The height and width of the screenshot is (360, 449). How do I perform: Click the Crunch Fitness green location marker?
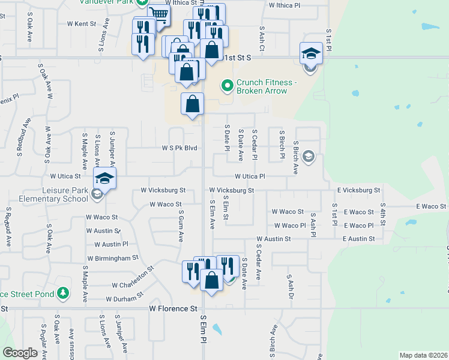point(227,86)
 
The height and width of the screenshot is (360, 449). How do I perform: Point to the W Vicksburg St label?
point(163,190)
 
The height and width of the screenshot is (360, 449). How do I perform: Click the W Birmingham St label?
point(113,258)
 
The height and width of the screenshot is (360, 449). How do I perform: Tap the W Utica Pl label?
point(250,176)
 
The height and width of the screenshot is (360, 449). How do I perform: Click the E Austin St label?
point(358,239)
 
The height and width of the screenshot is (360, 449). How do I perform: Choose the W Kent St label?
point(82,24)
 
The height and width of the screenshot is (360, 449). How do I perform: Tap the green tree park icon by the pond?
point(63,293)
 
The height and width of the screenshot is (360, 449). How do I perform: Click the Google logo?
point(20,353)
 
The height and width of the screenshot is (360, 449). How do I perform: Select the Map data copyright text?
point(423,355)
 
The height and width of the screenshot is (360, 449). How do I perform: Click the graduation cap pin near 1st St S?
point(312,53)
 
